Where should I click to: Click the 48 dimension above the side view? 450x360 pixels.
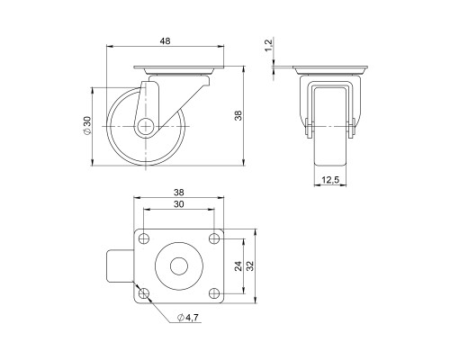tap(166, 40)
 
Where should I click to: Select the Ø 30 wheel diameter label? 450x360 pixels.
tap(85, 125)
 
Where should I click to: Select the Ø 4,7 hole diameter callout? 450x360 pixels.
tap(189, 317)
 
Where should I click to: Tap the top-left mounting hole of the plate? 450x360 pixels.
tap(143, 239)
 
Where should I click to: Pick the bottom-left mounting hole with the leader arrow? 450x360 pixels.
tap(143, 292)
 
